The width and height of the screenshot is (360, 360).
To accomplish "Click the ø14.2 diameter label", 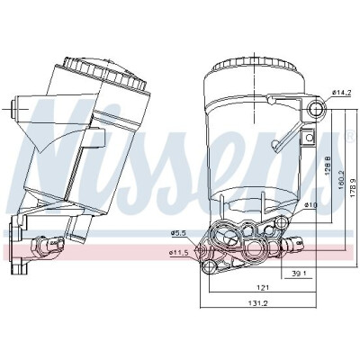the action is click(341, 93).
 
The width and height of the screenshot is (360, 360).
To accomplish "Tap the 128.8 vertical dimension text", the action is click(328, 165).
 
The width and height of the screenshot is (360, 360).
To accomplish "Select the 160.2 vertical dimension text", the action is click(342, 180).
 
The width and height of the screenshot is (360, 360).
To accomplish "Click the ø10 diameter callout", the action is click(310, 205).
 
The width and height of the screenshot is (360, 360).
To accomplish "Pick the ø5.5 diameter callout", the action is click(178, 232).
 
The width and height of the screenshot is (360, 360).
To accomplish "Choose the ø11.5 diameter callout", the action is click(178, 253).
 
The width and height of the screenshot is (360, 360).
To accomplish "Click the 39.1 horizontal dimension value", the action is click(299, 274).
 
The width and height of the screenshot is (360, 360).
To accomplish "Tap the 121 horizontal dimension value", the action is click(263, 288).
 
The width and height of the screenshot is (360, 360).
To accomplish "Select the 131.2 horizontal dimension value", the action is click(257, 303).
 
